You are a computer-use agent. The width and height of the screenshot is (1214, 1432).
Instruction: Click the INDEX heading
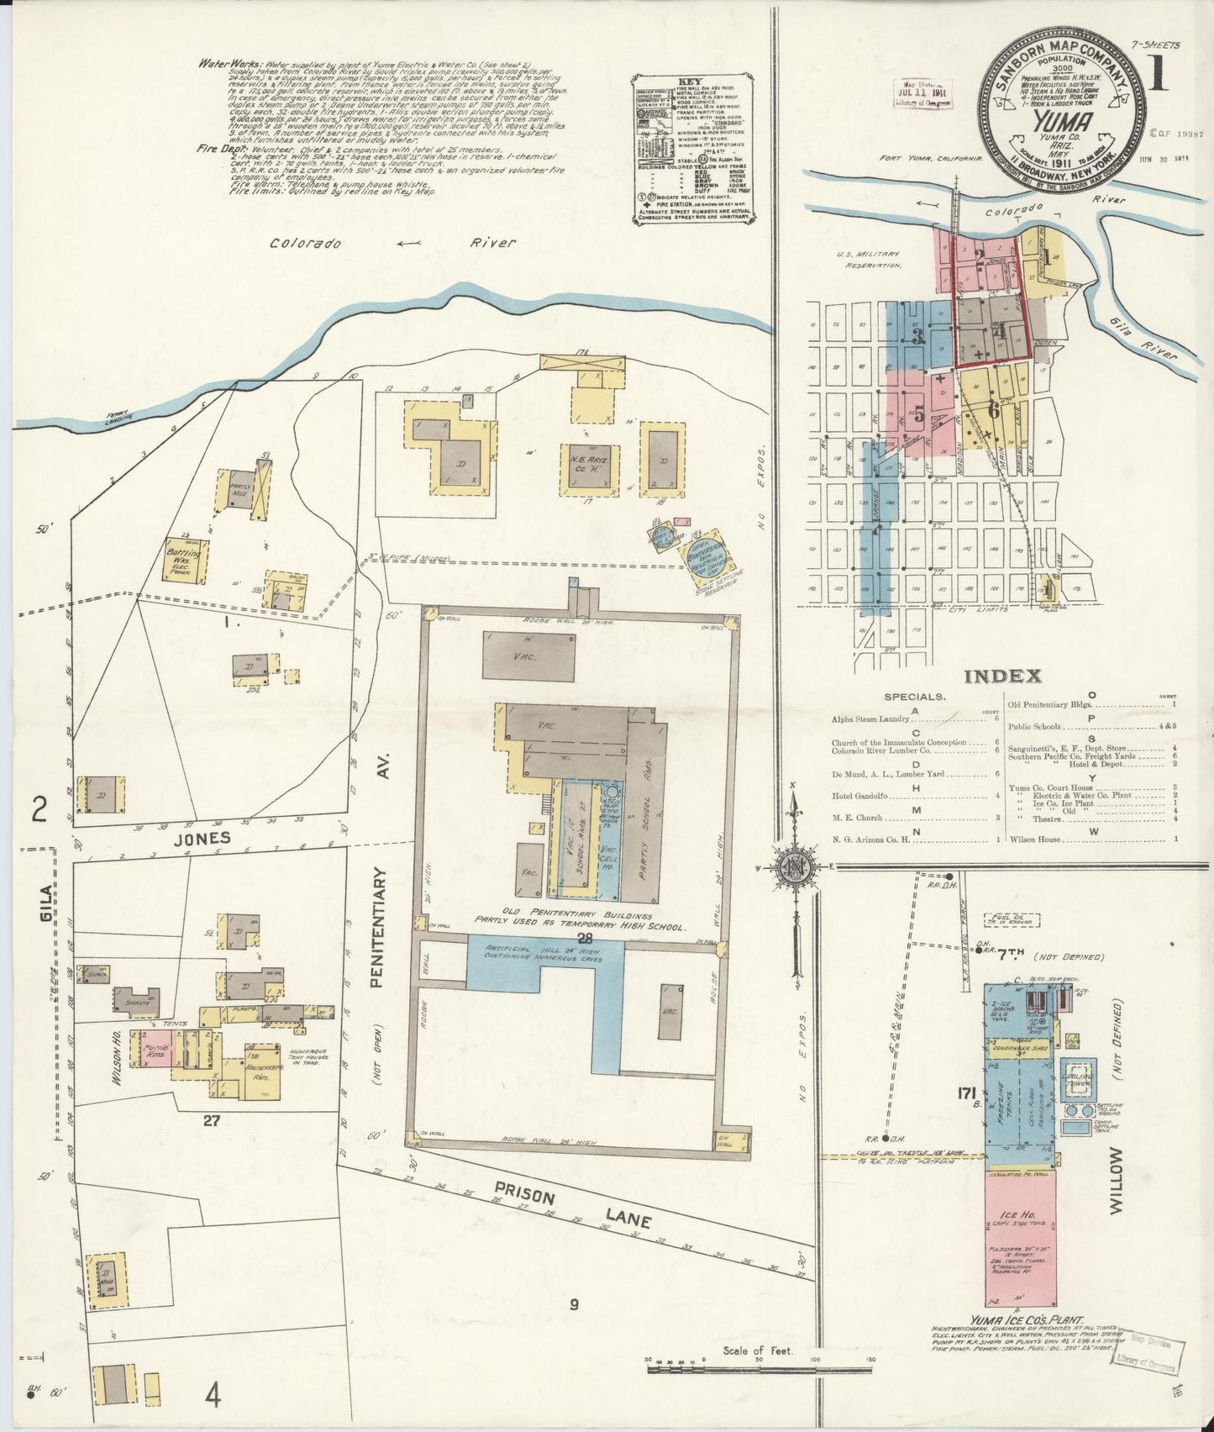click(1002, 677)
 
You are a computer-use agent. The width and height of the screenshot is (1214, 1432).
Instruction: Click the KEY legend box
click(692, 149)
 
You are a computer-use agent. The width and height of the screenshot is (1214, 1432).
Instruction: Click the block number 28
click(575, 936)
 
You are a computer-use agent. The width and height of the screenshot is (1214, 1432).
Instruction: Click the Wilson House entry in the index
click(1036, 838)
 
